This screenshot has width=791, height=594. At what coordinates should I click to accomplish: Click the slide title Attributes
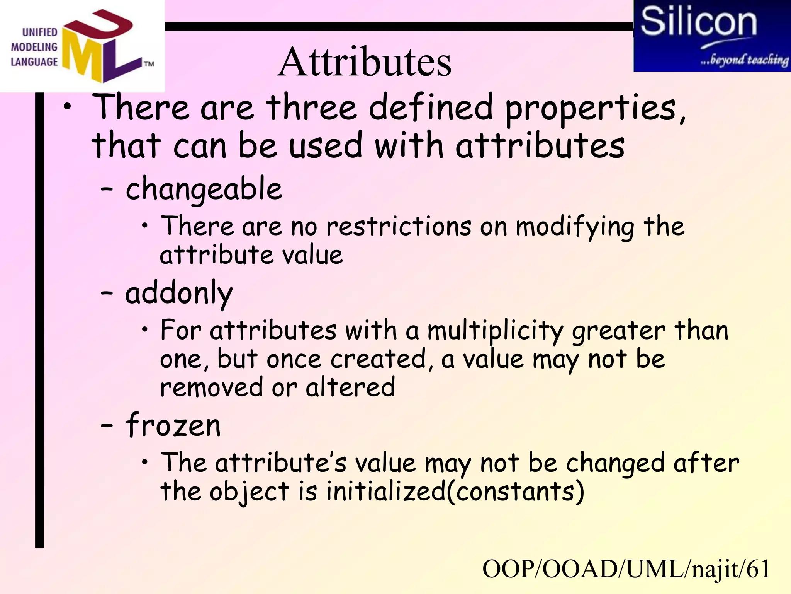(x=364, y=62)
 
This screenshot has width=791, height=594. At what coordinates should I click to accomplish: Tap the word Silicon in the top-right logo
(x=698, y=22)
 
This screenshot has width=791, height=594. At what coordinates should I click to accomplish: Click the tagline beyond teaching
(x=745, y=60)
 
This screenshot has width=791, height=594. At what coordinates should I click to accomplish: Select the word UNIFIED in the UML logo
(x=40, y=32)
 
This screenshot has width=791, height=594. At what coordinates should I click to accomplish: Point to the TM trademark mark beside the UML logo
(x=149, y=64)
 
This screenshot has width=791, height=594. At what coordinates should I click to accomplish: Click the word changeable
(x=204, y=189)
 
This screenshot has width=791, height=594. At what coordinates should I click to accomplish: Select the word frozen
(x=173, y=425)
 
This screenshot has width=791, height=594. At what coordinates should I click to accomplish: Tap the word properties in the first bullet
(x=594, y=108)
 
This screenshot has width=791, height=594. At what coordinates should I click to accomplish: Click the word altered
(x=350, y=387)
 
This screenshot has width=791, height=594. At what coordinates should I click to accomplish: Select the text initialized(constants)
(x=455, y=492)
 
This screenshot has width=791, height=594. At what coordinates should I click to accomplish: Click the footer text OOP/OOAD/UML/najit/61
(x=626, y=569)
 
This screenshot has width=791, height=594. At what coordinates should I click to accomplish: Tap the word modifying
(x=575, y=227)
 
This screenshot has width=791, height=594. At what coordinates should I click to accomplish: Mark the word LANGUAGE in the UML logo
(x=34, y=62)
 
